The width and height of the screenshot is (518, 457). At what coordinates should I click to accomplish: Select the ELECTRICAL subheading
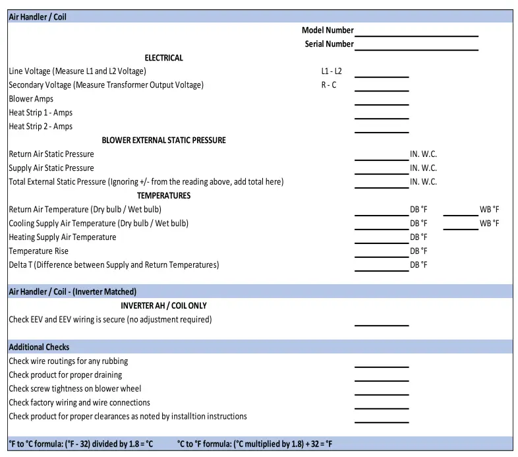pos(163,58)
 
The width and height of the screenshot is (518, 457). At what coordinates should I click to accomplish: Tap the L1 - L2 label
pos(331,71)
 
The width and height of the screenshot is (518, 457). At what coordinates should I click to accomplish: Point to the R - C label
pos(329,85)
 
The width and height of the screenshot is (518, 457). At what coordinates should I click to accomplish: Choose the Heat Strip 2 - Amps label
pos(41,127)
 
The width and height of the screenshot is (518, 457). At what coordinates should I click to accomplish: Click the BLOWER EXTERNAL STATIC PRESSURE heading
pos(163,140)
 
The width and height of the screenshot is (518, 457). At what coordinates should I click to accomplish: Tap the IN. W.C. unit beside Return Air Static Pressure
pos(423,154)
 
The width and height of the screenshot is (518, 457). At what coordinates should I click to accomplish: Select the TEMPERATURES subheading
pos(163,196)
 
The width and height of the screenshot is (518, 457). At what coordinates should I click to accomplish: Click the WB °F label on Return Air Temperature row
pos(489,210)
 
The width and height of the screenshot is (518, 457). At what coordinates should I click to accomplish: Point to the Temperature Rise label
pos(38,251)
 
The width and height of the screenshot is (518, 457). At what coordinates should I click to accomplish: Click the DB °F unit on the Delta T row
pos(418,265)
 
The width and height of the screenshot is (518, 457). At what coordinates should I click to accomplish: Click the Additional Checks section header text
pos(39,347)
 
